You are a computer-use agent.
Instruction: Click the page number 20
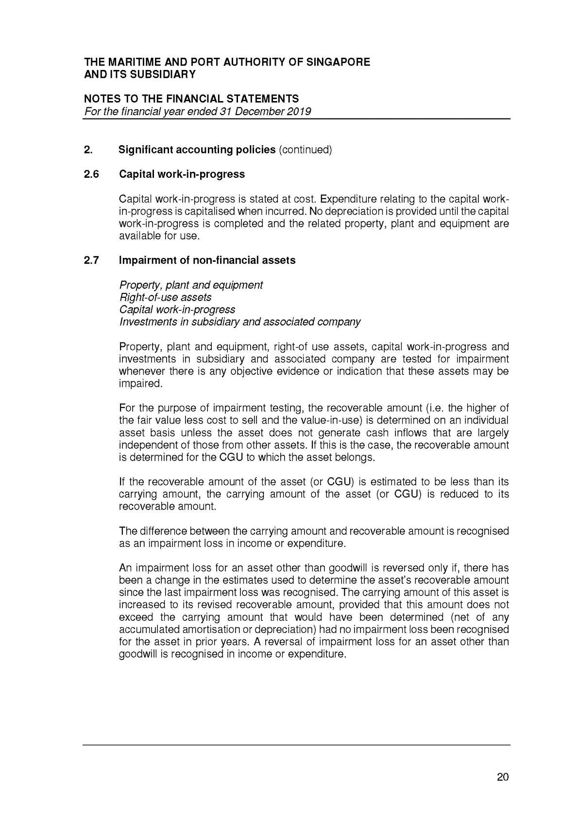(503, 777)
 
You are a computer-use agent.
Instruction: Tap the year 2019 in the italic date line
(299, 111)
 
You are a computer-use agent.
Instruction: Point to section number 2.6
(91, 174)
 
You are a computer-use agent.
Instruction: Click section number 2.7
(91, 260)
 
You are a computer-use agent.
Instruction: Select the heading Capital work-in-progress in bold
(182, 174)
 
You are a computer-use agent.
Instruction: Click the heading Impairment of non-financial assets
(207, 260)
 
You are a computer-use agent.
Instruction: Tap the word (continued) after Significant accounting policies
(305, 150)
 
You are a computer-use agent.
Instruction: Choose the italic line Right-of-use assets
(165, 297)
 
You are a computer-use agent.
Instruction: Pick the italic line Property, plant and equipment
(191, 285)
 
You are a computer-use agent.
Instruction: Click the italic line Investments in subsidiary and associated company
(240, 322)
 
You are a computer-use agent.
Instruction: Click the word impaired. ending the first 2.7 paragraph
(140, 384)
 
